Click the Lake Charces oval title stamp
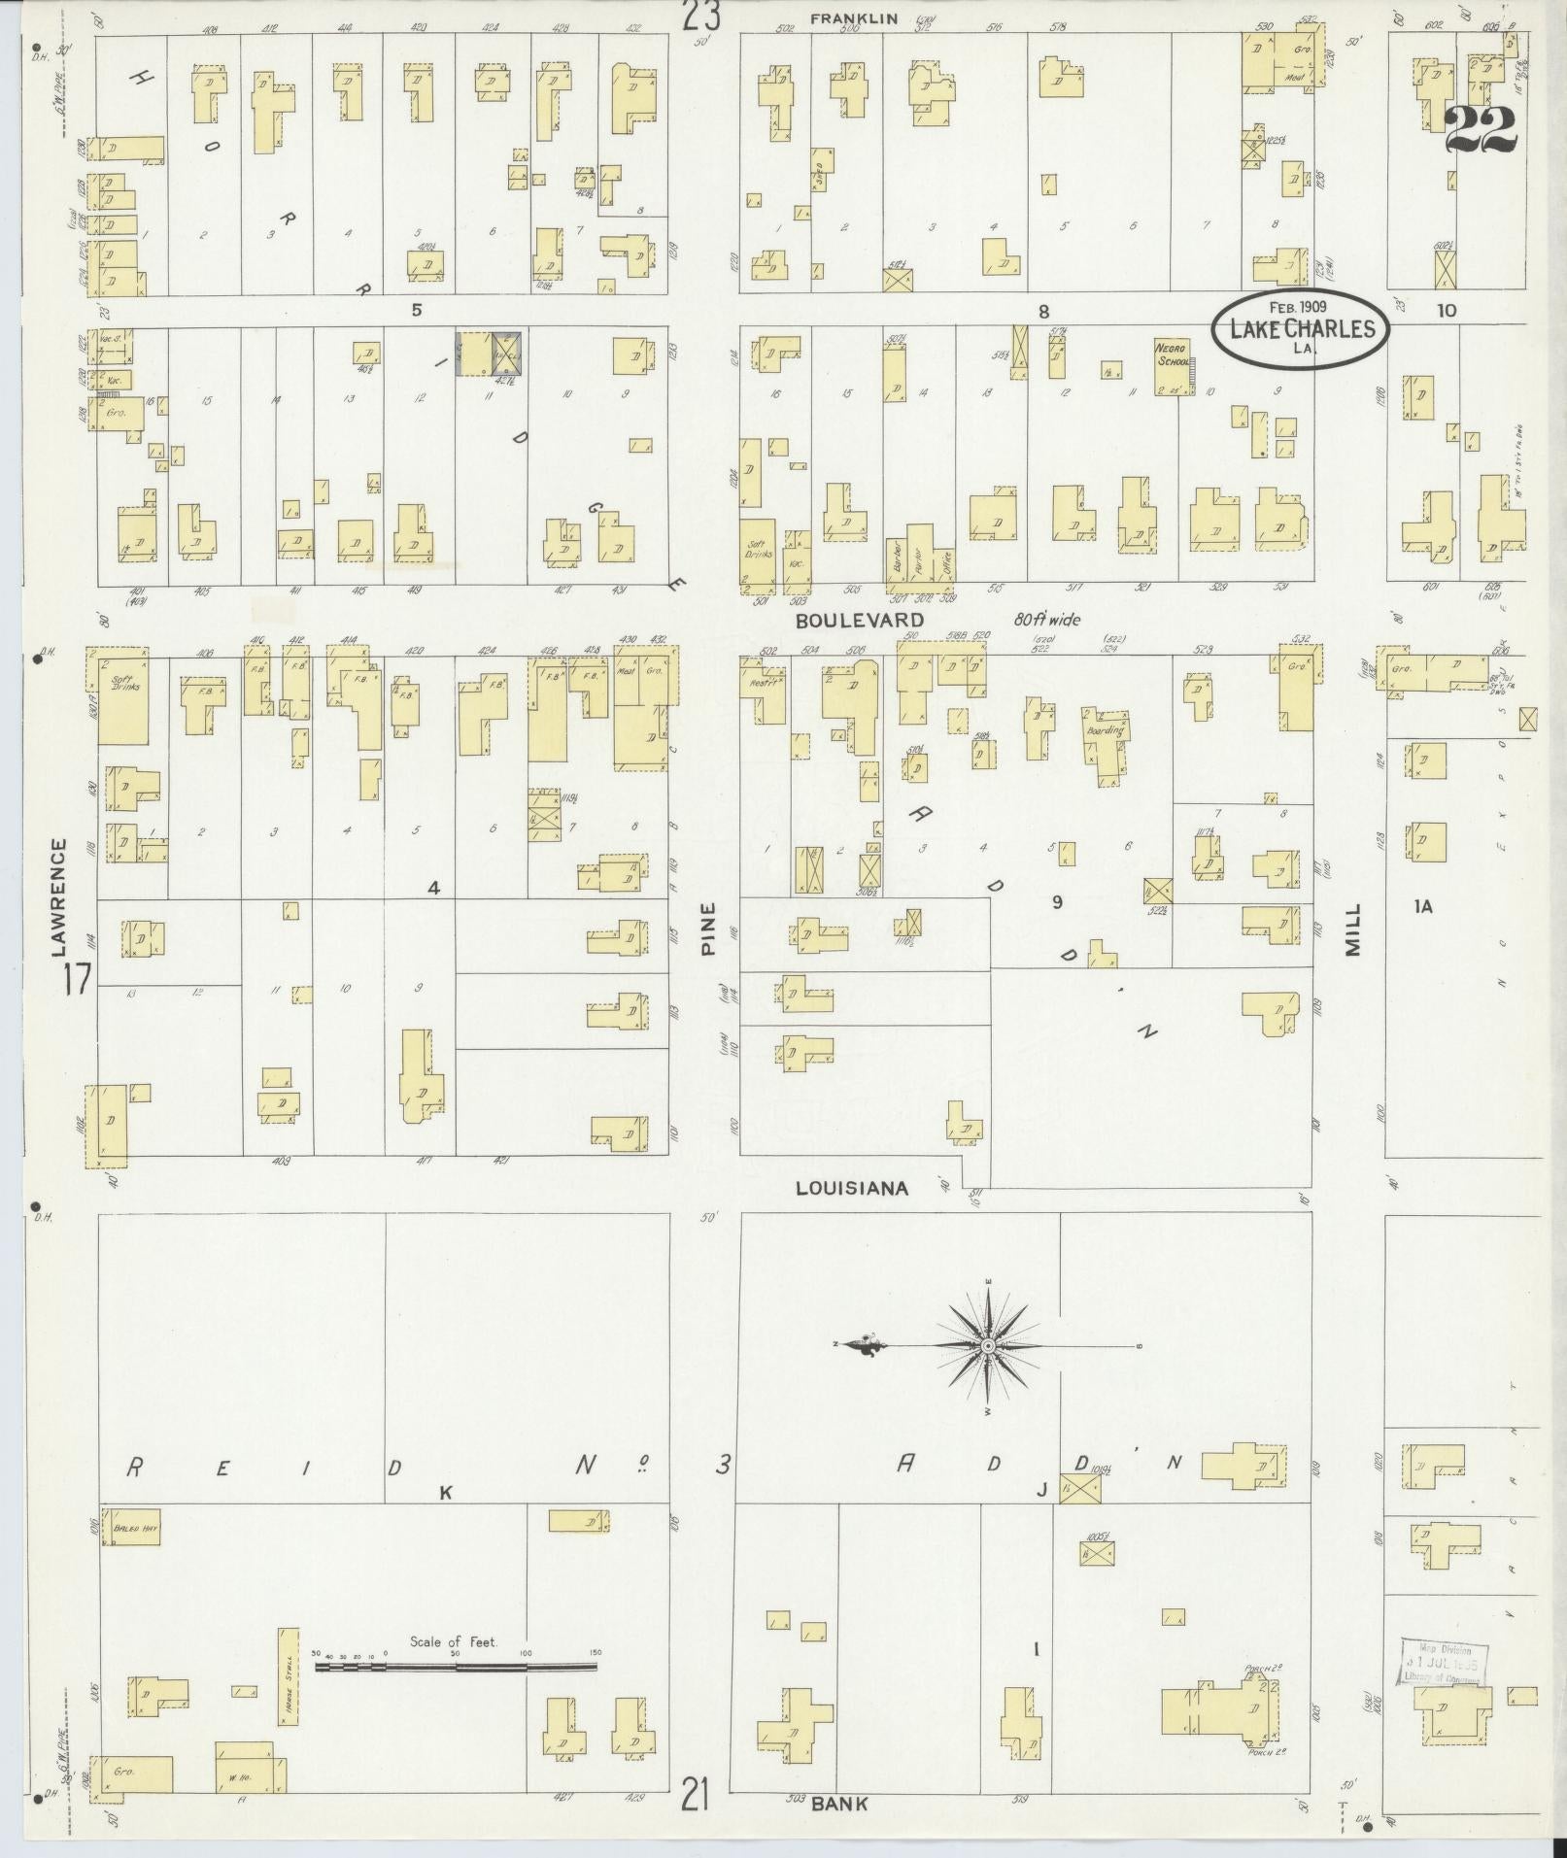coord(1301,328)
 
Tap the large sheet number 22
coord(1480,130)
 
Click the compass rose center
coord(987,1345)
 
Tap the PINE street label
coord(707,929)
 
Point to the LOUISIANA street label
coord(852,1188)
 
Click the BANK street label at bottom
coord(839,1804)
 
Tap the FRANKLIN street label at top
coord(856,17)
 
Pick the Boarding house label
coord(1106,729)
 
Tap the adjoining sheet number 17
coord(75,979)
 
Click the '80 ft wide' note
coord(1047,619)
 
